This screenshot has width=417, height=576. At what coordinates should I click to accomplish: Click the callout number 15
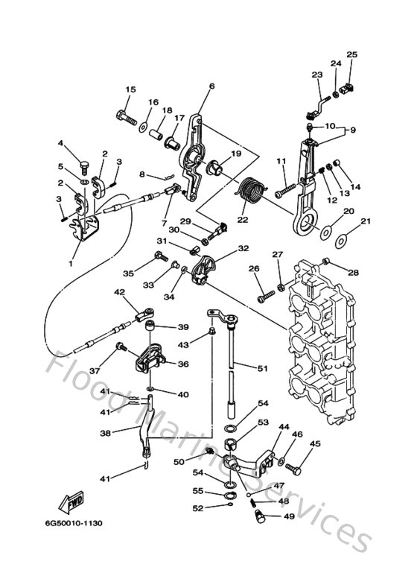point(130,90)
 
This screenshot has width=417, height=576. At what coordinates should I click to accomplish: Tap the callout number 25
point(352,54)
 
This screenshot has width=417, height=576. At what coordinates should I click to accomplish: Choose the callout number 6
point(211,86)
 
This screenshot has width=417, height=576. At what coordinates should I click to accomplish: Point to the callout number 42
point(118,293)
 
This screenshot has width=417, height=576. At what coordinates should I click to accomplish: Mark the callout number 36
point(182,364)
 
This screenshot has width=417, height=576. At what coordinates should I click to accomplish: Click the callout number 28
point(353,272)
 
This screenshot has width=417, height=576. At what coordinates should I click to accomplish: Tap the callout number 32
point(243,248)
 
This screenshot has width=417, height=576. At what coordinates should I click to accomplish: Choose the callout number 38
point(106,433)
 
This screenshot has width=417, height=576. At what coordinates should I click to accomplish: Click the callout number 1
point(71,263)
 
